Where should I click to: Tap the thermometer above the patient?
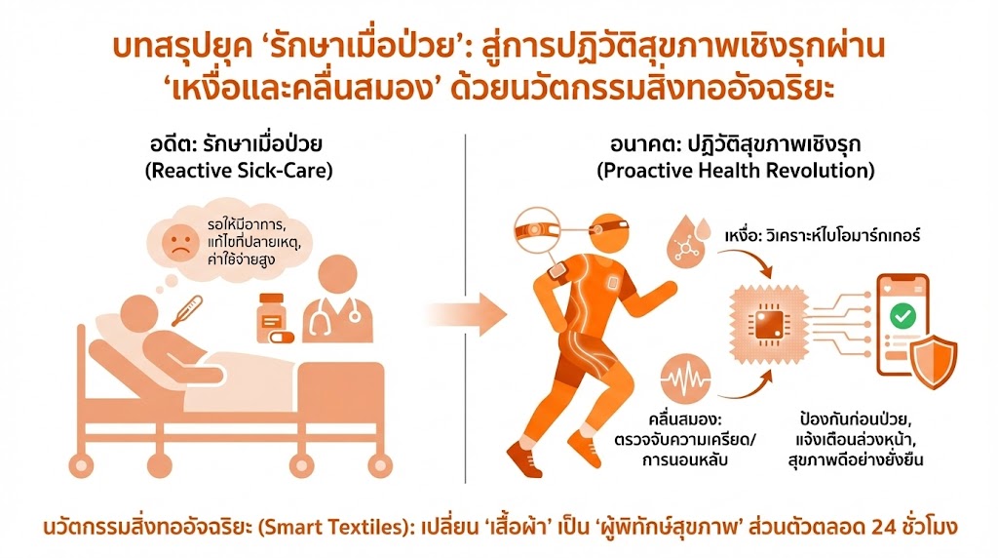186,309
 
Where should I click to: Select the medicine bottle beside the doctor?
273,313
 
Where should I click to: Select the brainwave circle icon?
686,379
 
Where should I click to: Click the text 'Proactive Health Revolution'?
736,170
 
